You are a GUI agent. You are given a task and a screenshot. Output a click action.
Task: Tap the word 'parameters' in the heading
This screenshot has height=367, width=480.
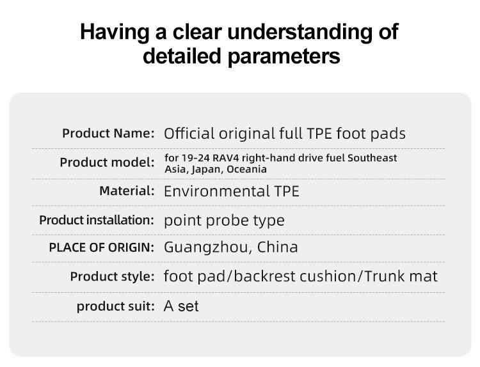[284, 56]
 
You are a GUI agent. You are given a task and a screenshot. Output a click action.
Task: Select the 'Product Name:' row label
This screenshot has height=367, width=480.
[108, 134]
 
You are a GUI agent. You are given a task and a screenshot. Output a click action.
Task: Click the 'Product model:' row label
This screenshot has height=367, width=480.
[107, 162]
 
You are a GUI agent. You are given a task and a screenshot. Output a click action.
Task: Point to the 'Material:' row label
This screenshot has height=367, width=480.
[127, 191]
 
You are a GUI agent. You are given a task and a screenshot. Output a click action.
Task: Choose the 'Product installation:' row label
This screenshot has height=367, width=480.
[97, 220]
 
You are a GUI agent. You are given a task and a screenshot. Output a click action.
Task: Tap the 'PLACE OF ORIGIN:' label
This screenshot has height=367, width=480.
[102, 247]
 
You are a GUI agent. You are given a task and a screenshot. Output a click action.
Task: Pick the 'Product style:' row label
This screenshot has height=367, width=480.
[113, 276]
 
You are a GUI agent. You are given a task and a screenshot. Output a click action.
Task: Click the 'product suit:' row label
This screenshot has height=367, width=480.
[116, 306]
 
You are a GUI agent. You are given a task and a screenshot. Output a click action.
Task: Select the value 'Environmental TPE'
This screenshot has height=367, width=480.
[232, 191]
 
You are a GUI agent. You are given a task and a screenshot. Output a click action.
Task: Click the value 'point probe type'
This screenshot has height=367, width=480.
[224, 221]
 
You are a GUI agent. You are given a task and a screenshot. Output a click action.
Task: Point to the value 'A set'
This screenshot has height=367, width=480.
[181, 306]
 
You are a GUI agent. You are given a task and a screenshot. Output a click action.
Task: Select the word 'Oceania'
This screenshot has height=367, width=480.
[246, 169]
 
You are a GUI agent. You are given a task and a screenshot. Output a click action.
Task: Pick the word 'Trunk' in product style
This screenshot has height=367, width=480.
[385, 276]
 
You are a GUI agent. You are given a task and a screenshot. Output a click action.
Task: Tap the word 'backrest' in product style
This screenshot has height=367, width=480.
[265, 276]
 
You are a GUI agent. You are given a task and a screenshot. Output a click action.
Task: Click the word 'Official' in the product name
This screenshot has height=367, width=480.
[189, 134]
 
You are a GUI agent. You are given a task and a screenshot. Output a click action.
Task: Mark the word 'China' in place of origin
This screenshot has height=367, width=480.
[277, 247]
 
